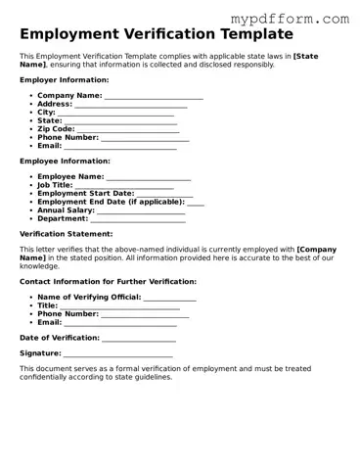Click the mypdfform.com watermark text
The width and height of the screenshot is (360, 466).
290,19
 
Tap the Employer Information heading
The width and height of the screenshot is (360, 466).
65,79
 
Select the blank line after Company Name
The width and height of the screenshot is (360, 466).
154,97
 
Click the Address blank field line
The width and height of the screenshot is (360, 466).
131,105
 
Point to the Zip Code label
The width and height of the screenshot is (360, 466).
56,129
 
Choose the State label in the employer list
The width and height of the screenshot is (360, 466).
50,120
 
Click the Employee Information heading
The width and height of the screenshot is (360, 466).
65,161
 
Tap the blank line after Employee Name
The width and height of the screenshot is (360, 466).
149,178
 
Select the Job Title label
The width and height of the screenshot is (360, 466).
55,185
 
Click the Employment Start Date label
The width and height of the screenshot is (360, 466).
85,194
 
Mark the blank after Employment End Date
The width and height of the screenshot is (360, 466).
196,203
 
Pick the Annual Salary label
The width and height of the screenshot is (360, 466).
66,210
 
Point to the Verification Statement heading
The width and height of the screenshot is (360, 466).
67,235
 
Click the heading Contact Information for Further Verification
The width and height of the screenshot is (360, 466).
108,281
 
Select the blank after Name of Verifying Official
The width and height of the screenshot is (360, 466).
170,298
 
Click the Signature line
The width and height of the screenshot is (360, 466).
118,354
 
